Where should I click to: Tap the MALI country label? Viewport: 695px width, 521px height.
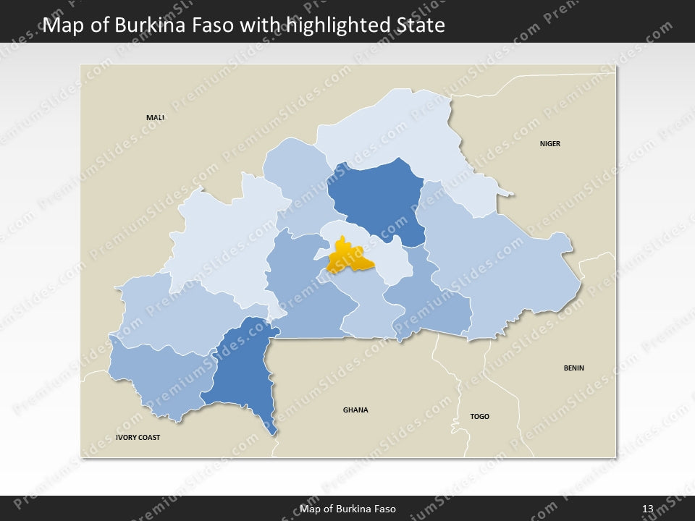click(155, 117)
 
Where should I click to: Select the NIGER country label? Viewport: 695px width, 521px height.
click(549, 144)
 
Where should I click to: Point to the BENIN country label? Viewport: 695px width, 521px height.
click(573, 368)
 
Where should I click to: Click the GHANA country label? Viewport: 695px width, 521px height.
click(355, 410)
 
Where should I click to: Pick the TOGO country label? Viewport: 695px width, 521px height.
click(479, 417)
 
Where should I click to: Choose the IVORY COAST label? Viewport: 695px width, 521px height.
click(138, 438)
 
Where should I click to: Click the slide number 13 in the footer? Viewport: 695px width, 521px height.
click(647, 509)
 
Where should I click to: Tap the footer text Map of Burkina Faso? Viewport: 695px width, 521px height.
click(347, 509)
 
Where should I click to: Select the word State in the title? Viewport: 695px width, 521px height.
click(421, 26)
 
